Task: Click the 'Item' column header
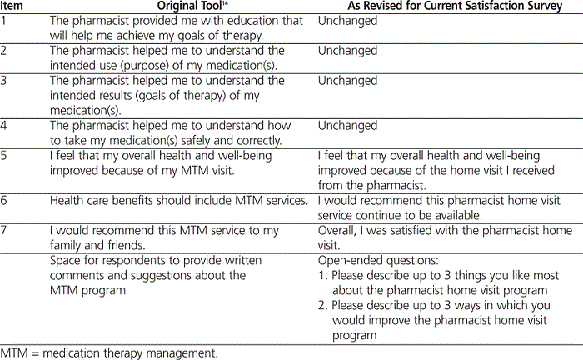coord(14,7)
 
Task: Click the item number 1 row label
coord(5,20)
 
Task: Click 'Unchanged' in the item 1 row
coord(347,20)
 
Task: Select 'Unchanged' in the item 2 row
coord(347,50)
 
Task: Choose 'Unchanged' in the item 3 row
coord(347,81)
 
